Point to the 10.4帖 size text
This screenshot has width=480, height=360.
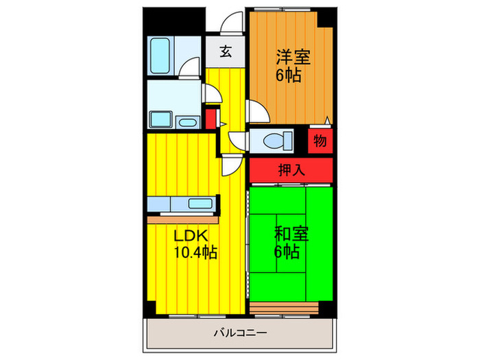195,252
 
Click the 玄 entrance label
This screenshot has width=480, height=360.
225,50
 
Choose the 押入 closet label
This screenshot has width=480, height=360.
291,171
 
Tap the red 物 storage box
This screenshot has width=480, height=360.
320,141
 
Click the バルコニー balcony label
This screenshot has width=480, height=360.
240,334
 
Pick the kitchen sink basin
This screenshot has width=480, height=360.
201,204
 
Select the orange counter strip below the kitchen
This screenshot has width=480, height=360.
182,219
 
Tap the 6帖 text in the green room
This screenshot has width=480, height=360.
287,252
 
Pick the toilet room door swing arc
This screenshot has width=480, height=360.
237,139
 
